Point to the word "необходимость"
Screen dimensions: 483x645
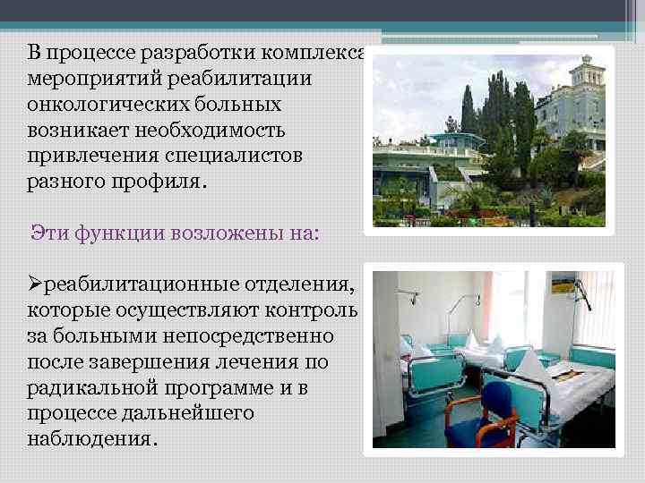point(210,131)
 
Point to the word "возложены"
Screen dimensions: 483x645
point(214,233)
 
